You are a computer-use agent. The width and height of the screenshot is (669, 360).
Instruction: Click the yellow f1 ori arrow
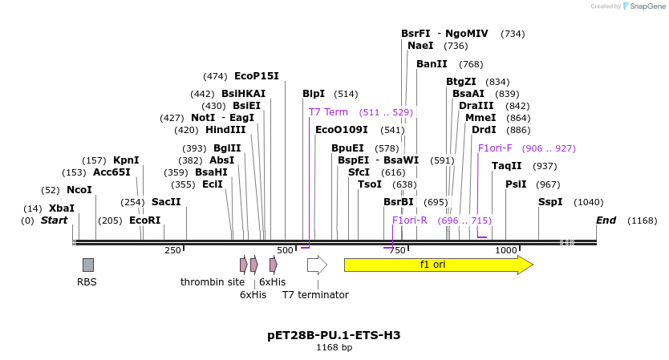pyautogui.click(x=438, y=265)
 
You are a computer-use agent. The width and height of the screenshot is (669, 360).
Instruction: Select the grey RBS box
pyautogui.click(x=88, y=265)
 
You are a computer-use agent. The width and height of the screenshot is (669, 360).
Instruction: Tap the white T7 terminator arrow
pyautogui.click(x=317, y=265)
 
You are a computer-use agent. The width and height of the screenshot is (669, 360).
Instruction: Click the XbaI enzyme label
pyautogui.click(x=62, y=208)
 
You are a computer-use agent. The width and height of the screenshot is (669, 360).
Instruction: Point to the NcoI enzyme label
pyautogui.click(x=79, y=190)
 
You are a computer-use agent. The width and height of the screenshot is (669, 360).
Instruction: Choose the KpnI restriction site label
pyautogui.click(x=126, y=160)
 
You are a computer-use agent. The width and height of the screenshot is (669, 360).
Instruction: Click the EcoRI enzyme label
pyautogui.click(x=145, y=220)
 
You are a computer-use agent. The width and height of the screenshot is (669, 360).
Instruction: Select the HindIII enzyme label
pyautogui.click(x=225, y=130)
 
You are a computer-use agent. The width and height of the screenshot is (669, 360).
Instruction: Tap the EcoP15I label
pyautogui.click(x=257, y=76)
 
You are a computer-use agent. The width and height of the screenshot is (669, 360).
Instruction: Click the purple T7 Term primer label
pyautogui.click(x=329, y=112)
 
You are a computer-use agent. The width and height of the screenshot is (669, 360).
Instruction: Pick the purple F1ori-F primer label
pyautogui.click(x=495, y=148)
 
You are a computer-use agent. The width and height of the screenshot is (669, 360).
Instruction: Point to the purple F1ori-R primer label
pyautogui.click(x=410, y=220)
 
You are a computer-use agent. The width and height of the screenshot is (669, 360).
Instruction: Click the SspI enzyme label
pyautogui.click(x=550, y=202)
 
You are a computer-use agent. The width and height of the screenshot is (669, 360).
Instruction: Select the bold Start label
pyautogui.click(x=55, y=220)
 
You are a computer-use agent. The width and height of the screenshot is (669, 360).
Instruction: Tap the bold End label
pyautogui.click(x=606, y=220)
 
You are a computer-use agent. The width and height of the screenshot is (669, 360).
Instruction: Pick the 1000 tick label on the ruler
pyautogui.click(x=506, y=251)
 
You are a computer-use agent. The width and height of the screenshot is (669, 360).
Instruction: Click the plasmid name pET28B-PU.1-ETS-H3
pyautogui.click(x=334, y=335)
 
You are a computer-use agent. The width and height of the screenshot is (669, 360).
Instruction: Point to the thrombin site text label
pyautogui.click(x=213, y=282)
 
